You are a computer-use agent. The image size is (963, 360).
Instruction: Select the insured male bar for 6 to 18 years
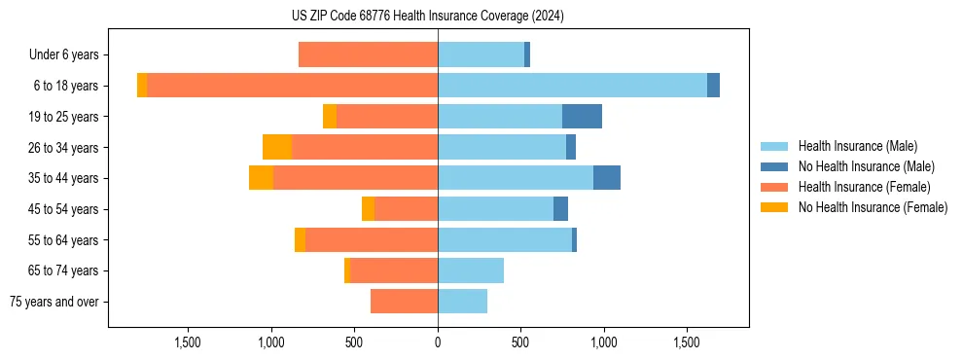[572, 86]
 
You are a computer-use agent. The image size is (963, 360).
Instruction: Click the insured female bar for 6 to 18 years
[292, 86]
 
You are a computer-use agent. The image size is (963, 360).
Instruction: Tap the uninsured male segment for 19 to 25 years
[582, 116]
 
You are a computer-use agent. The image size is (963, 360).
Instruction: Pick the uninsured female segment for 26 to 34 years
[277, 147]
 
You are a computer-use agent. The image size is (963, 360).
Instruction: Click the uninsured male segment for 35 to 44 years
[607, 178]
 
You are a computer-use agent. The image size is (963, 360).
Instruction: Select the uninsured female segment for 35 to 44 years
[261, 178]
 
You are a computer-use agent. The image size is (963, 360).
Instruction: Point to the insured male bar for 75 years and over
[462, 302]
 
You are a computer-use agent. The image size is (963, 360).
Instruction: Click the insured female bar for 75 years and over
[404, 302]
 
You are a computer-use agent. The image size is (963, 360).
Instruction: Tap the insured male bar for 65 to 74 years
[471, 270]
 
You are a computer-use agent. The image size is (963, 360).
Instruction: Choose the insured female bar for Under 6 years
[368, 54]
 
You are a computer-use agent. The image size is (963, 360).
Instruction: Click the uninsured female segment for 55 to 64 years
[300, 239]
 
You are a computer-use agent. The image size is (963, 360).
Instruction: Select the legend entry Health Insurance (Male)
[857, 146]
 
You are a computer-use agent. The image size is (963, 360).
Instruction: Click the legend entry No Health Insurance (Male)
[866, 166]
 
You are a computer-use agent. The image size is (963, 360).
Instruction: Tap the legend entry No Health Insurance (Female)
[872, 207]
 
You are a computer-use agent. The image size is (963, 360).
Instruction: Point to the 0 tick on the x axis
[438, 342]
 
